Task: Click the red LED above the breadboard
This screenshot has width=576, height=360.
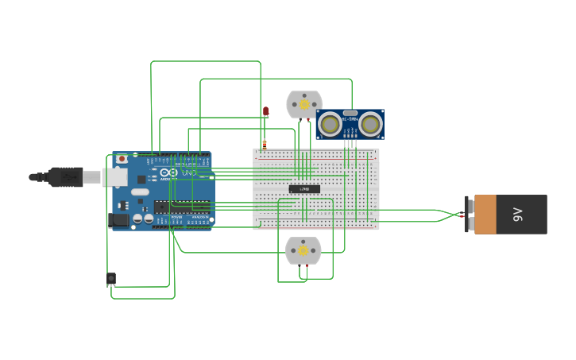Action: pyautogui.click(x=265, y=111)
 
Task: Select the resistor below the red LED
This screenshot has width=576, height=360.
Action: pyautogui.click(x=265, y=144)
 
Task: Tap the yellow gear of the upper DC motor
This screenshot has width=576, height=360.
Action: pyautogui.click(x=304, y=104)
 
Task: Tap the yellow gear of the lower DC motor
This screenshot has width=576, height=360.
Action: pyautogui.click(x=303, y=250)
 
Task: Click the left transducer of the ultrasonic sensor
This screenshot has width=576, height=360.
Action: pyautogui.click(x=331, y=124)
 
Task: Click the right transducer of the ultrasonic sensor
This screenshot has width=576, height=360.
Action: pyautogui.click(x=369, y=124)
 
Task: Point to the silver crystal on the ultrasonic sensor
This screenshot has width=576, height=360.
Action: pyautogui.click(x=350, y=114)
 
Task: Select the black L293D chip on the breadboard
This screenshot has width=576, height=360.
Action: pyautogui.click(x=304, y=189)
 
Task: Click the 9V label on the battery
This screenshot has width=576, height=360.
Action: pyautogui.click(x=518, y=214)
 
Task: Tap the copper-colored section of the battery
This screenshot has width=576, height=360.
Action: pyautogui.click(x=485, y=215)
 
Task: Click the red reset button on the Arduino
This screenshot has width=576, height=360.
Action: pyautogui.click(x=122, y=159)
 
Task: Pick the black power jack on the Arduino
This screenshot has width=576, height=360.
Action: pyautogui.click(x=118, y=219)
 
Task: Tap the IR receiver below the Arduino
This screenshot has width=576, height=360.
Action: pyautogui.click(x=110, y=278)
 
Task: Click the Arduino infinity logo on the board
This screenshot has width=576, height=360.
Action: pyautogui.click(x=168, y=172)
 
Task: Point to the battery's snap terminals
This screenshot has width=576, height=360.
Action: pyautogui.click(x=467, y=215)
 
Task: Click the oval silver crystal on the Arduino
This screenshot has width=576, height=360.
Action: pyautogui.click(x=141, y=192)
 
